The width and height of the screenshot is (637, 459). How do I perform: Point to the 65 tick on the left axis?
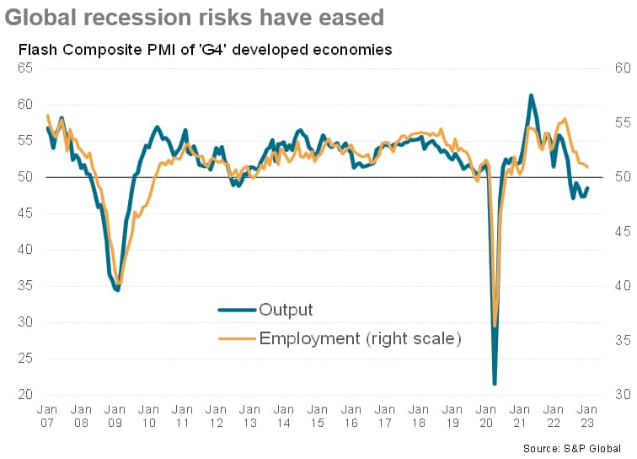point(26,68)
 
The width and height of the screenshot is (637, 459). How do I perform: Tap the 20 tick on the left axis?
point(26,395)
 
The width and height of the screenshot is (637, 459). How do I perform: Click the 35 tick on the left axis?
point(26,286)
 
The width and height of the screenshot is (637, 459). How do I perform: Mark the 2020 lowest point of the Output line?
point(495,384)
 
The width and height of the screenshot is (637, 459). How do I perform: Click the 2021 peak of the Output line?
point(531,95)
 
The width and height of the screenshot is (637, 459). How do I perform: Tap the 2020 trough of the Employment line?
point(495,327)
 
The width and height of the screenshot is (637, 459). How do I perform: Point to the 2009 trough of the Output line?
point(118,290)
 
